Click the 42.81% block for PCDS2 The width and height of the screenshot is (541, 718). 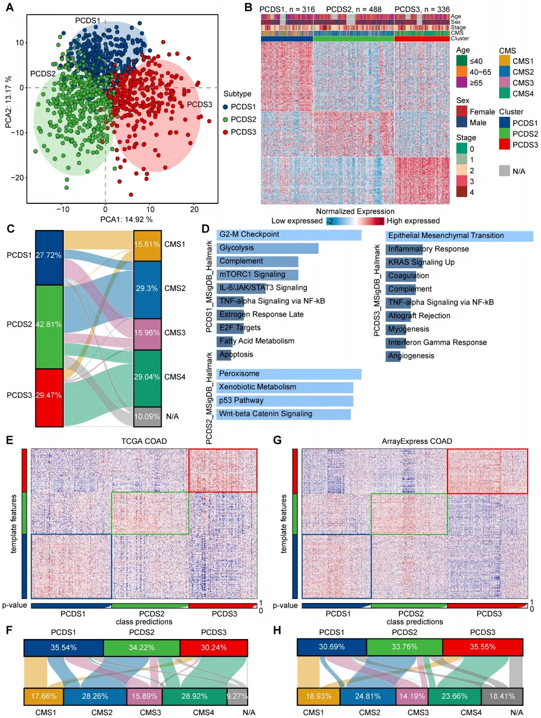pyautogui.click(x=49, y=326)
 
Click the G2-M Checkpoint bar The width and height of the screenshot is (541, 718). pyautogui.click(x=289, y=235)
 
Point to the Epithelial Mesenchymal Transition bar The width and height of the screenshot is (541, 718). pyautogui.click(x=460, y=236)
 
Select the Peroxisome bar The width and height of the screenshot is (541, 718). pyautogui.click(x=289, y=374)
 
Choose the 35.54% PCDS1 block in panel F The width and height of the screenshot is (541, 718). pyautogui.click(x=64, y=647)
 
